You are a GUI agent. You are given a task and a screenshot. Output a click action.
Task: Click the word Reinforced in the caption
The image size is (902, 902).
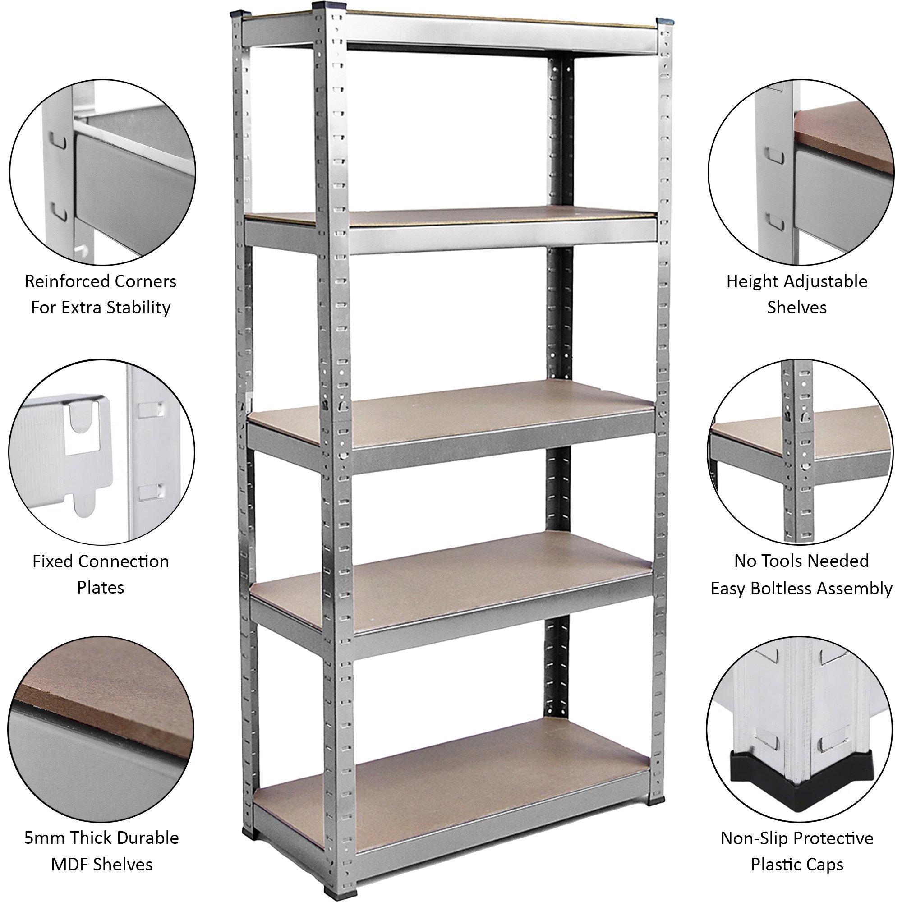click(62, 281)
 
